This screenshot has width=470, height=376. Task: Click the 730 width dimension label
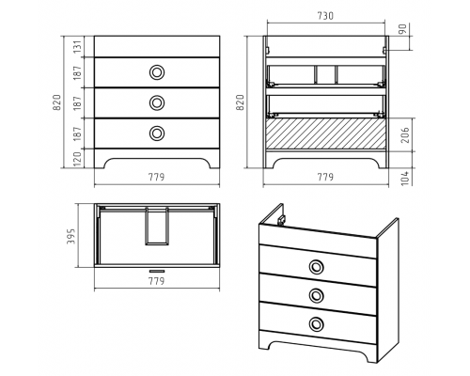(325, 16)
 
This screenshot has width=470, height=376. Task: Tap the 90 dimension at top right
(403, 29)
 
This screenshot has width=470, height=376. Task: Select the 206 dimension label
(405, 134)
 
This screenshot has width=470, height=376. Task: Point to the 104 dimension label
(405, 178)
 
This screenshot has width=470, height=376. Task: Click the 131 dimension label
(77, 47)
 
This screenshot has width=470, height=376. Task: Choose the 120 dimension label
(77, 159)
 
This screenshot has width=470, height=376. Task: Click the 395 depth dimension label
(71, 236)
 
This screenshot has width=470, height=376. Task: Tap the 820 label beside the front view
(56, 102)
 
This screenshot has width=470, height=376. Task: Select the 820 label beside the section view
(240, 102)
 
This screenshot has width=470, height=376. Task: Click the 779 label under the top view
(156, 281)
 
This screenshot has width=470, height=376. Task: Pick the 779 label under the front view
(156, 177)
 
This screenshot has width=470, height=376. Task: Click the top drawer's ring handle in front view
(157, 72)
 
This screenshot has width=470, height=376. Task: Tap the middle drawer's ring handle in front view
(157, 102)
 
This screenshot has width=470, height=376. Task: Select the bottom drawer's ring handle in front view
(157, 133)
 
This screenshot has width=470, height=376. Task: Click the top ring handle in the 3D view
(317, 267)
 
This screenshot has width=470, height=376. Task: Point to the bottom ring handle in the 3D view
(317, 323)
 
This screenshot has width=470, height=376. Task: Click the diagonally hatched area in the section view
(325, 133)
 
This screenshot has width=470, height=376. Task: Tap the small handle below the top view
(157, 271)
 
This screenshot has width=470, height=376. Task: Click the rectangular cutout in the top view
(157, 227)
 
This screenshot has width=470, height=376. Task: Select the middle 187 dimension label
(77, 102)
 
